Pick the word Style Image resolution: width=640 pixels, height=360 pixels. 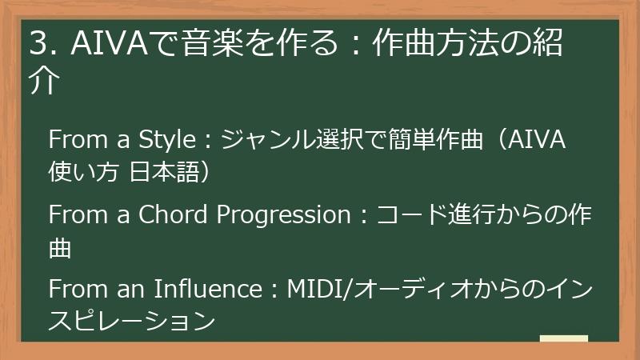point(168,139)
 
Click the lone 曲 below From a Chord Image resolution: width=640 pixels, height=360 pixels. point(61,247)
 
